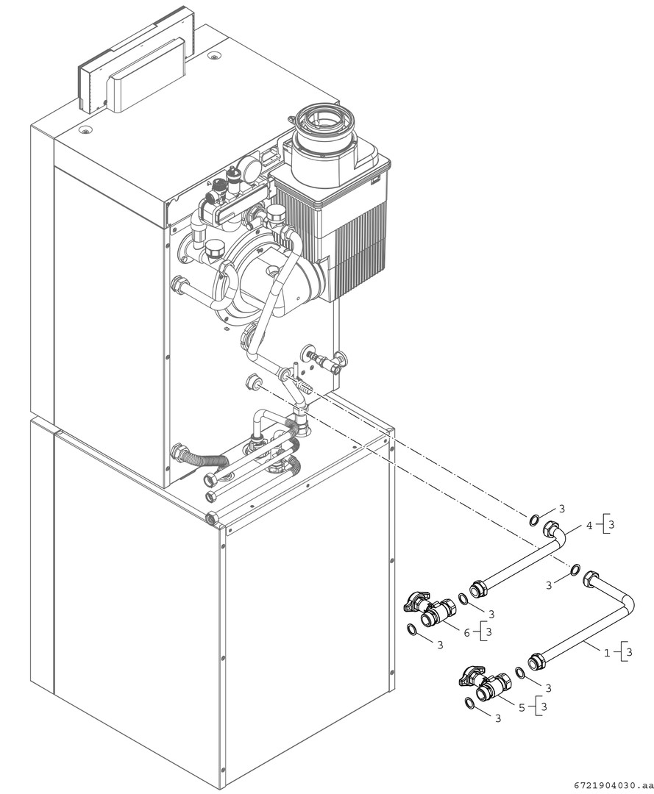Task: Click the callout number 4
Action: click(589, 526)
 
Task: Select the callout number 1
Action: click(607, 652)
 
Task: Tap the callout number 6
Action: click(466, 632)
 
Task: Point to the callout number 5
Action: click(522, 708)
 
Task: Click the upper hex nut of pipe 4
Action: click(552, 529)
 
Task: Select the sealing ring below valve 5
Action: click(469, 704)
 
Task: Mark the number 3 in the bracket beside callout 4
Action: click(612, 526)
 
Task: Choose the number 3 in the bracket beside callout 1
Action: click(630, 651)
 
